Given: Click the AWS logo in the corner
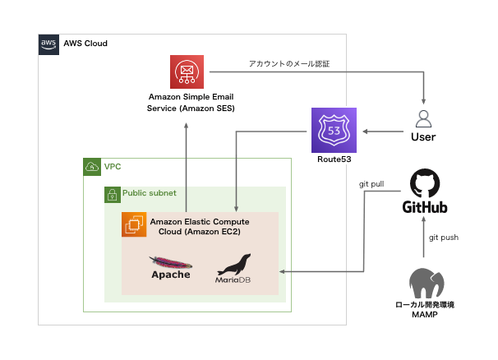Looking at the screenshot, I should [x=48, y=44].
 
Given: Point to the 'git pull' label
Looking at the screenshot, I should [x=371, y=185].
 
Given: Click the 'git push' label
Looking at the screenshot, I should [x=443, y=238].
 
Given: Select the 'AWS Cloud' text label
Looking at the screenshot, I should [x=85, y=44].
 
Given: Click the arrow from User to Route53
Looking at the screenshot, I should [x=381, y=130].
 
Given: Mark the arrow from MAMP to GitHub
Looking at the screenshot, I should [x=422, y=242].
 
